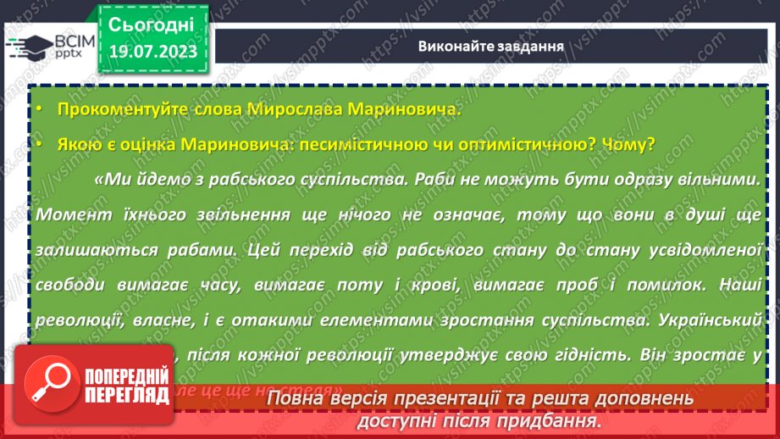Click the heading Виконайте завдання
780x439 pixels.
[491, 46]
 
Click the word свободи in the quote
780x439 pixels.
[70, 286]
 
